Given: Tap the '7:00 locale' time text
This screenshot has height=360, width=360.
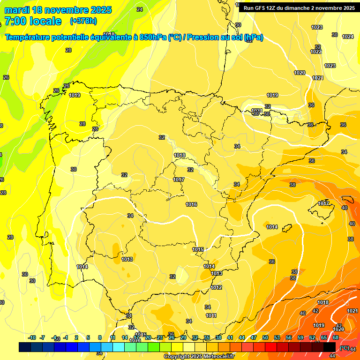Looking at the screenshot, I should pos(33,21).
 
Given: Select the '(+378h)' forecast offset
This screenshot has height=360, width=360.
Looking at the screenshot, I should pos(83,21).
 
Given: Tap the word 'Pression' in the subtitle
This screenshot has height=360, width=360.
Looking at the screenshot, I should pos(202,37).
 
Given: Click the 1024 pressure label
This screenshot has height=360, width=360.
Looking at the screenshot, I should pos(347,37).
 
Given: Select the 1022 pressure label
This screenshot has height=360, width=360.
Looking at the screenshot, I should pos(316,52).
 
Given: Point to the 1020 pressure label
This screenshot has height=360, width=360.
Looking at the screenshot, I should pos(300,73).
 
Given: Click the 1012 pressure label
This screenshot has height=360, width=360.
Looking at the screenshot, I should pos(216,287).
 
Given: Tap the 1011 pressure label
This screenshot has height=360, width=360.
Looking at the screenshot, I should pos(211,315).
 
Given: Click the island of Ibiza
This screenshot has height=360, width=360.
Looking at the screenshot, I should pos(286,228).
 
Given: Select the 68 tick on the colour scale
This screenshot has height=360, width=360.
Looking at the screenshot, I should pos(336,337).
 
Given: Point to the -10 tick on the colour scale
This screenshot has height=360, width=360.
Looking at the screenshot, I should pos(32,337).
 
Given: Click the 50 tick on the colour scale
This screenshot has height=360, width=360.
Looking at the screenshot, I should pos(265,337).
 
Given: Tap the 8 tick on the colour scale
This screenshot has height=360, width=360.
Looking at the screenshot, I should pos(100,337).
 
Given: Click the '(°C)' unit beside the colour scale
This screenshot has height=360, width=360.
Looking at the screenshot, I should pos(344,348).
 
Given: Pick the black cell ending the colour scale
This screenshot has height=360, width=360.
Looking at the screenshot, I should pos(330,347).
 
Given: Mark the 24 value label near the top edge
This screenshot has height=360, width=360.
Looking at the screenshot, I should pos(140,9).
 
